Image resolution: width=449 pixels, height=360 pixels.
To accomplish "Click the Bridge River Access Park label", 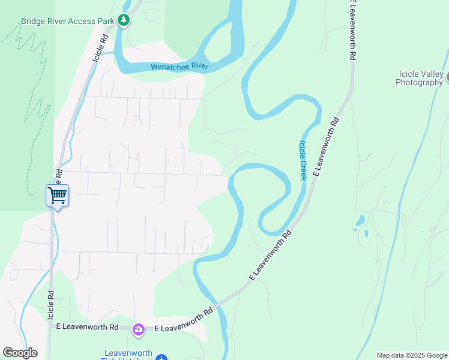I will pos(67,21).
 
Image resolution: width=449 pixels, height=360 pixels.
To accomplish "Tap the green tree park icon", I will pos(124,20).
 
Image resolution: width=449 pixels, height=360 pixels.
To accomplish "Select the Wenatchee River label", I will pos(179,66).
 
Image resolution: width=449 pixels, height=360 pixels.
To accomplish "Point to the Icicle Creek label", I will pos(303,160).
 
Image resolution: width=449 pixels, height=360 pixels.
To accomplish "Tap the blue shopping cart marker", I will pos(57,195).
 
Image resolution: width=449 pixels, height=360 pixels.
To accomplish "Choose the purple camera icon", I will pos(139,329).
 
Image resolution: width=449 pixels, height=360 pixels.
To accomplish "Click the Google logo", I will pos(20,353).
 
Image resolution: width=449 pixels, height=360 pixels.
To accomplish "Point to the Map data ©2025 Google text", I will pos(412,355).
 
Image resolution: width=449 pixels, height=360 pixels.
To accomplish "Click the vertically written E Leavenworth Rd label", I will pos(354,30).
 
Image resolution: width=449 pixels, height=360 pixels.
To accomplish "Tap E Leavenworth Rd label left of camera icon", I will pos(87,327).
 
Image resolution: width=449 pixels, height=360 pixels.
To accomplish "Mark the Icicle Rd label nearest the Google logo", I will pos(51,305).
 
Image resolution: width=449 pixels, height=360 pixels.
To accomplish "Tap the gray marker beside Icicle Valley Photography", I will pos(447,77).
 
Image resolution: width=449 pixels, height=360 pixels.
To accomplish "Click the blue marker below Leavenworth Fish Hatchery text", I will pos(161,358).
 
